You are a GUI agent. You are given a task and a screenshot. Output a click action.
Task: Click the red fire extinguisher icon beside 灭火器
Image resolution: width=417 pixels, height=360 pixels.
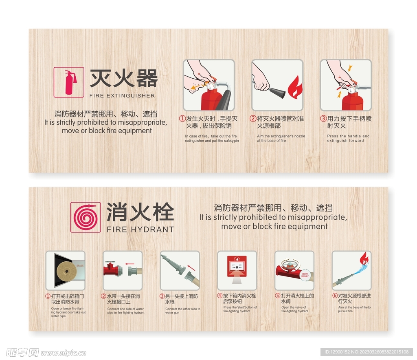point(69,82)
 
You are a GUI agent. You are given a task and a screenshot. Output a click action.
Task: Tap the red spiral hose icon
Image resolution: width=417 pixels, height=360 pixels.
point(86,217)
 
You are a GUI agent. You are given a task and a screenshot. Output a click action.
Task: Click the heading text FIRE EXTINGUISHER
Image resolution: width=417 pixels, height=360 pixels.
point(122,96)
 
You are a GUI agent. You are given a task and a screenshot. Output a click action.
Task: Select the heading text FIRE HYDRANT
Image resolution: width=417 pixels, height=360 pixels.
point(140,230)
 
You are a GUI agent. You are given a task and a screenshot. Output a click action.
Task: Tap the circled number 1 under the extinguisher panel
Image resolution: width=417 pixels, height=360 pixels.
point(182,119)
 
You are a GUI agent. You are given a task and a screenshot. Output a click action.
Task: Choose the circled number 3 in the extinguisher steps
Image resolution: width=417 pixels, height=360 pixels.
point(323,119)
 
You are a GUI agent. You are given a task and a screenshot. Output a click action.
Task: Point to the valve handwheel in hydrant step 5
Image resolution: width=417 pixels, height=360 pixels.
point(291,262)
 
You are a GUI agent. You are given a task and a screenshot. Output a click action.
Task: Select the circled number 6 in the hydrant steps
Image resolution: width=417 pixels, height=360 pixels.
point(335,296)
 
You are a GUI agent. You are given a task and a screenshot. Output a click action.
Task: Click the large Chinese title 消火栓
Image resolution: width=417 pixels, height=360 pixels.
point(140,212)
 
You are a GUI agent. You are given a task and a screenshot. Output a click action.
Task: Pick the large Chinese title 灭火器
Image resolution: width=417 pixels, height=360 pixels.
point(123,78)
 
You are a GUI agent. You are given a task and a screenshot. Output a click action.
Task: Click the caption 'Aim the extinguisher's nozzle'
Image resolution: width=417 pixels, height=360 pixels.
point(281,136)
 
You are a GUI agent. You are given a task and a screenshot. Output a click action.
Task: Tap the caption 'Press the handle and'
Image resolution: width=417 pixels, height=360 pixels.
point(348,136)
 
